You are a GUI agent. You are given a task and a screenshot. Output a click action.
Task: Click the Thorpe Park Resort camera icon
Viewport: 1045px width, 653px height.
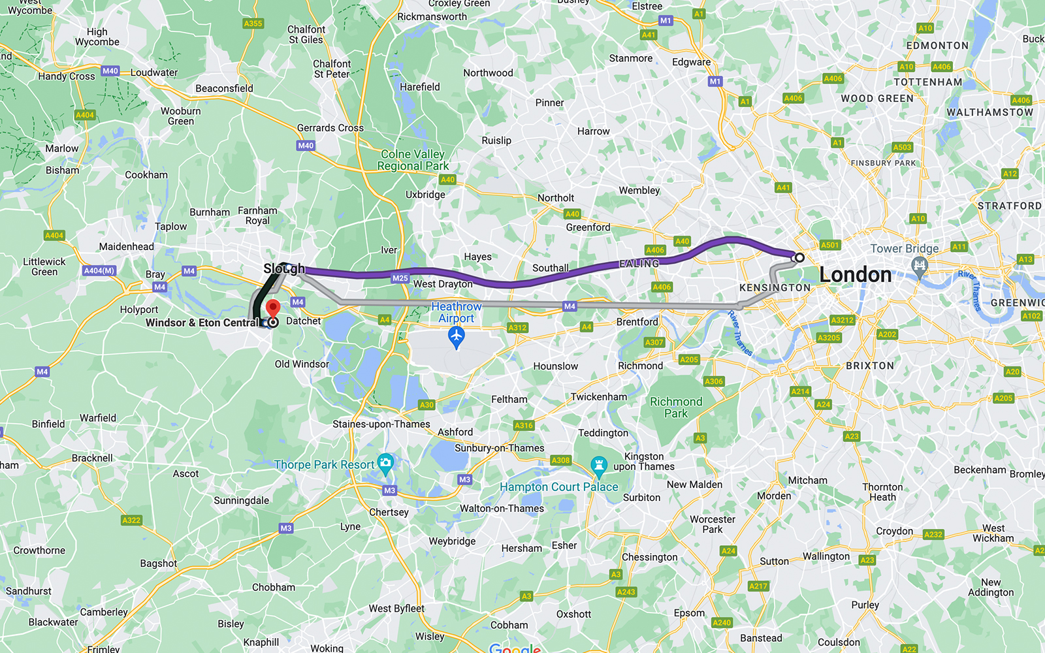click(385, 464)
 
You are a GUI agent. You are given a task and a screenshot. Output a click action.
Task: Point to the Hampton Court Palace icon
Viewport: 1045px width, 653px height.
click(598, 466)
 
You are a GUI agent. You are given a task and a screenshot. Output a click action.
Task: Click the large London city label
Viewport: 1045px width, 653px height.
click(855, 275)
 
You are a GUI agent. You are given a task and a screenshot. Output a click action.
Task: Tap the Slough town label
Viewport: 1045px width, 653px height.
click(283, 269)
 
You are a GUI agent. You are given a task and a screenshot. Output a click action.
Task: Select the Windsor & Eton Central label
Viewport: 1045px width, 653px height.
click(202, 323)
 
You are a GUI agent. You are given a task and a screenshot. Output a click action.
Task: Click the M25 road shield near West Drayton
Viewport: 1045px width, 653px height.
click(400, 278)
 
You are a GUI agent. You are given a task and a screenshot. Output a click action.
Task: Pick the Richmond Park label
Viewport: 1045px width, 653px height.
click(676, 407)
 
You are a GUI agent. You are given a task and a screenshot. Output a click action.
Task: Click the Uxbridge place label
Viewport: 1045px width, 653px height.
click(425, 195)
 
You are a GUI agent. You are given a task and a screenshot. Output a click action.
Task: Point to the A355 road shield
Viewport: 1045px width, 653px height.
click(253, 24)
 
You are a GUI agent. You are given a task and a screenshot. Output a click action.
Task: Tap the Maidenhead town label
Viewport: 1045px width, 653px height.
click(127, 247)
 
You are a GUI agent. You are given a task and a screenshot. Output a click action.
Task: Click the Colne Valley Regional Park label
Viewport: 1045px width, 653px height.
click(413, 160)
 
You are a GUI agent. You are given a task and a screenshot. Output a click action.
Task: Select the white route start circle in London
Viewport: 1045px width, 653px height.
click(799, 257)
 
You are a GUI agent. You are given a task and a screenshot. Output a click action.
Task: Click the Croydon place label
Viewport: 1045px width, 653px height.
click(894, 531)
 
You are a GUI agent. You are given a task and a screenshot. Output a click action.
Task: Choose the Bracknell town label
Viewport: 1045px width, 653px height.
click(92, 458)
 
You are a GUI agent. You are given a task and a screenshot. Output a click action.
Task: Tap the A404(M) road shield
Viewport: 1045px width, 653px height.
click(99, 270)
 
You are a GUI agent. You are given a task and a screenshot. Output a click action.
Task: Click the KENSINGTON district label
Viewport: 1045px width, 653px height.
click(775, 287)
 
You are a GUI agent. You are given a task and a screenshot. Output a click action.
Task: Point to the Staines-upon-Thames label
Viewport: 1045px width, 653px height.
click(381, 424)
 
